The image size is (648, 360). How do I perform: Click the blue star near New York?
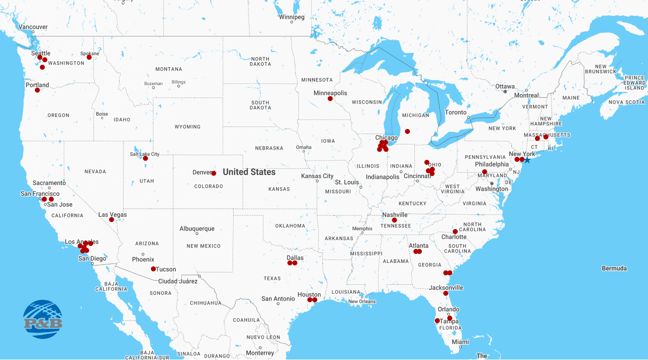(x=527, y=160)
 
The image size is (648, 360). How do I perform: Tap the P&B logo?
(x=43, y=319)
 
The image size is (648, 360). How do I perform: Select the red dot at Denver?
(x=214, y=173)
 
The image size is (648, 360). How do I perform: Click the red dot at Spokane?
(x=89, y=57)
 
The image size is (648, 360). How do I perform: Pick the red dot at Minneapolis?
(x=330, y=99)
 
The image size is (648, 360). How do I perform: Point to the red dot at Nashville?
(x=394, y=220)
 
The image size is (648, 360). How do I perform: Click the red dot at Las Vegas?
(x=112, y=220)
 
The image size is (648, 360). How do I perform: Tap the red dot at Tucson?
(x=153, y=269)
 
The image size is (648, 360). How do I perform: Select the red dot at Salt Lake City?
(x=145, y=158)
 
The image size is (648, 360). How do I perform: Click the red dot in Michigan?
(x=407, y=131)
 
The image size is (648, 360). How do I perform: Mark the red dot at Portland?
(x=37, y=91)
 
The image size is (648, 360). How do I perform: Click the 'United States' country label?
(x=249, y=172)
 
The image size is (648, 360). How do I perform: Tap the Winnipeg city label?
(x=291, y=17)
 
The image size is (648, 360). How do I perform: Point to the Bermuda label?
(x=614, y=268)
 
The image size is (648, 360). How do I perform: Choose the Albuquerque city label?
(x=197, y=229)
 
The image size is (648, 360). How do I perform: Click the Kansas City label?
(x=317, y=176)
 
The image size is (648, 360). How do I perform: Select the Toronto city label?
(x=456, y=113)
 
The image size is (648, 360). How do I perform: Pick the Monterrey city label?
(x=260, y=353)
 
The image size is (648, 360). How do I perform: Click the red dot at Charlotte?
(x=455, y=232)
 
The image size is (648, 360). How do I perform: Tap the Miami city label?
(x=461, y=342)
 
